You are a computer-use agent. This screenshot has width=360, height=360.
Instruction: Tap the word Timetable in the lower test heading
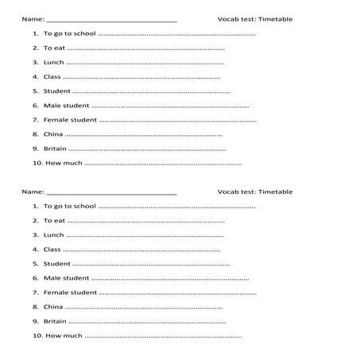[x=276, y=192]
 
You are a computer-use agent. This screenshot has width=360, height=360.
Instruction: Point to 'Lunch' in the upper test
[x=54, y=63]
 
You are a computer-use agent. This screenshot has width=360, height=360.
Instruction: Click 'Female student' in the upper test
[x=70, y=120]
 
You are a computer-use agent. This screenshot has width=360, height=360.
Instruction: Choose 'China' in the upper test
[x=53, y=134]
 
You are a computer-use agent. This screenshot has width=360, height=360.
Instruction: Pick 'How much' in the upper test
[x=64, y=163]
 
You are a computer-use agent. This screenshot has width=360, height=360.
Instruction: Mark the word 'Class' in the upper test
[x=52, y=77]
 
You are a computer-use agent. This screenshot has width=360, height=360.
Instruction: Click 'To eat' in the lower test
[x=54, y=220]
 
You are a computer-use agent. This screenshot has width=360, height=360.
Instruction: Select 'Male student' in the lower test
[x=66, y=277]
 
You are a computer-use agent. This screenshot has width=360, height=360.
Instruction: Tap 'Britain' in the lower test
[x=55, y=321]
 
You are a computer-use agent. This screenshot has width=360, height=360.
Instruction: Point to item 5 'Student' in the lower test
[x=57, y=263]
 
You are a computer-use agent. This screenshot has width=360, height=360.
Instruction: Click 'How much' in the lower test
[x=64, y=335]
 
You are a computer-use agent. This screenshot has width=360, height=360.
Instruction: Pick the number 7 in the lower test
[x=35, y=292]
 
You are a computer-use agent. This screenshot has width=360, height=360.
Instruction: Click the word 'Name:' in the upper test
[x=33, y=19]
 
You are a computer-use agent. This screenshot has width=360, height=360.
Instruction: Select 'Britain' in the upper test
[x=55, y=149]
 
